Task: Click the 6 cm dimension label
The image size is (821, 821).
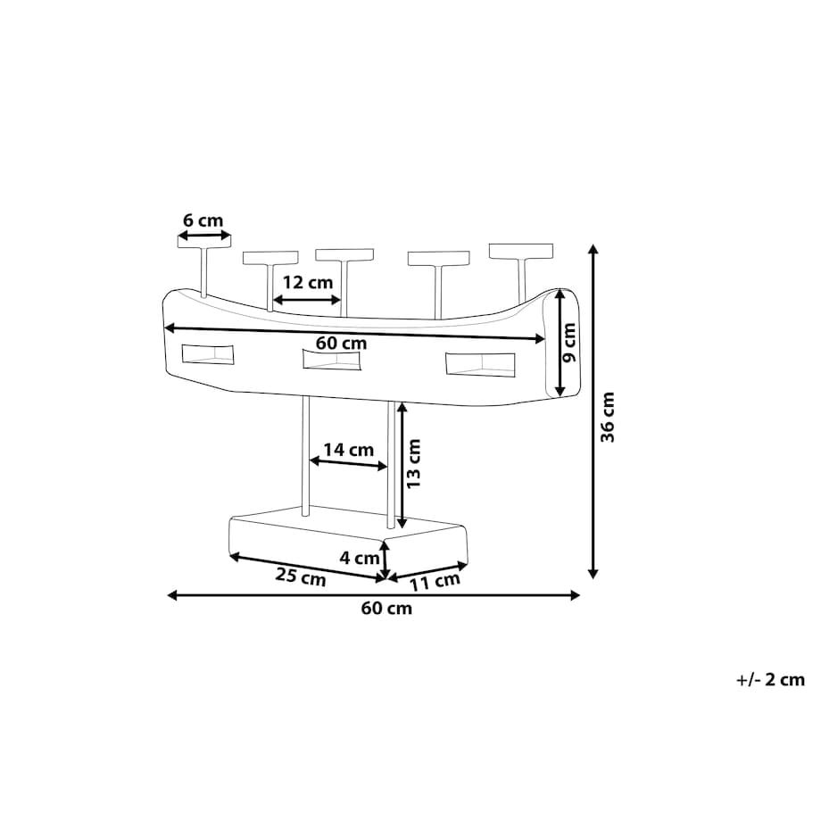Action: click(203, 220)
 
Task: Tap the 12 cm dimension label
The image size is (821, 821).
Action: click(308, 283)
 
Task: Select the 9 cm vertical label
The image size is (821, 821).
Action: click(569, 342)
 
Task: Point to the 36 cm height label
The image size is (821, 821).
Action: click(608, 417)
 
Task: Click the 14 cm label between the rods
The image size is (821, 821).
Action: click(348, 450)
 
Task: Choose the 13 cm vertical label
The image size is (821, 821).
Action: click(414, 463)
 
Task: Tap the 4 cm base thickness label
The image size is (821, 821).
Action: click(359, 558)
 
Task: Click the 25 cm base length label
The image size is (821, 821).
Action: click(301, 577)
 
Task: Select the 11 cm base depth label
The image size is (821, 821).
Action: click(435, 581)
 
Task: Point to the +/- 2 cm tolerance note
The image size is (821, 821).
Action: click(770, 680)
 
